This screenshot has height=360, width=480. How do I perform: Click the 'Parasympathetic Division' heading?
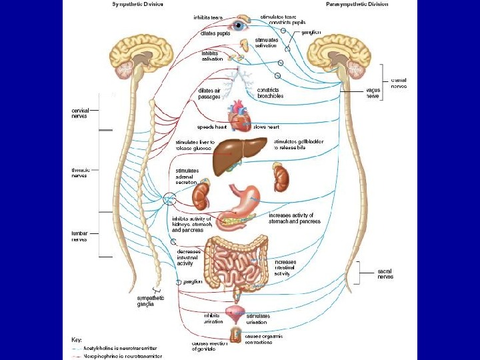tap(357, 4)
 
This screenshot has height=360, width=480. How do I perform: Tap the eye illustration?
tap(238, 26)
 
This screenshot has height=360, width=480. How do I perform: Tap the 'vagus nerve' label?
tap(373, 93)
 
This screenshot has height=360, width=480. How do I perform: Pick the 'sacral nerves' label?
tap(385, 273)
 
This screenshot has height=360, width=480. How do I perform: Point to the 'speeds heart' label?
tap(211, 126)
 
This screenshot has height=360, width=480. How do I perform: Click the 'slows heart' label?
tap(267, 126)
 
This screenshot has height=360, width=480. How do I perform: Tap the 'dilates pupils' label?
tap(215, 32)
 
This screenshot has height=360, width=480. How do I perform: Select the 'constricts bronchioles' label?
tap(270, 93)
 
